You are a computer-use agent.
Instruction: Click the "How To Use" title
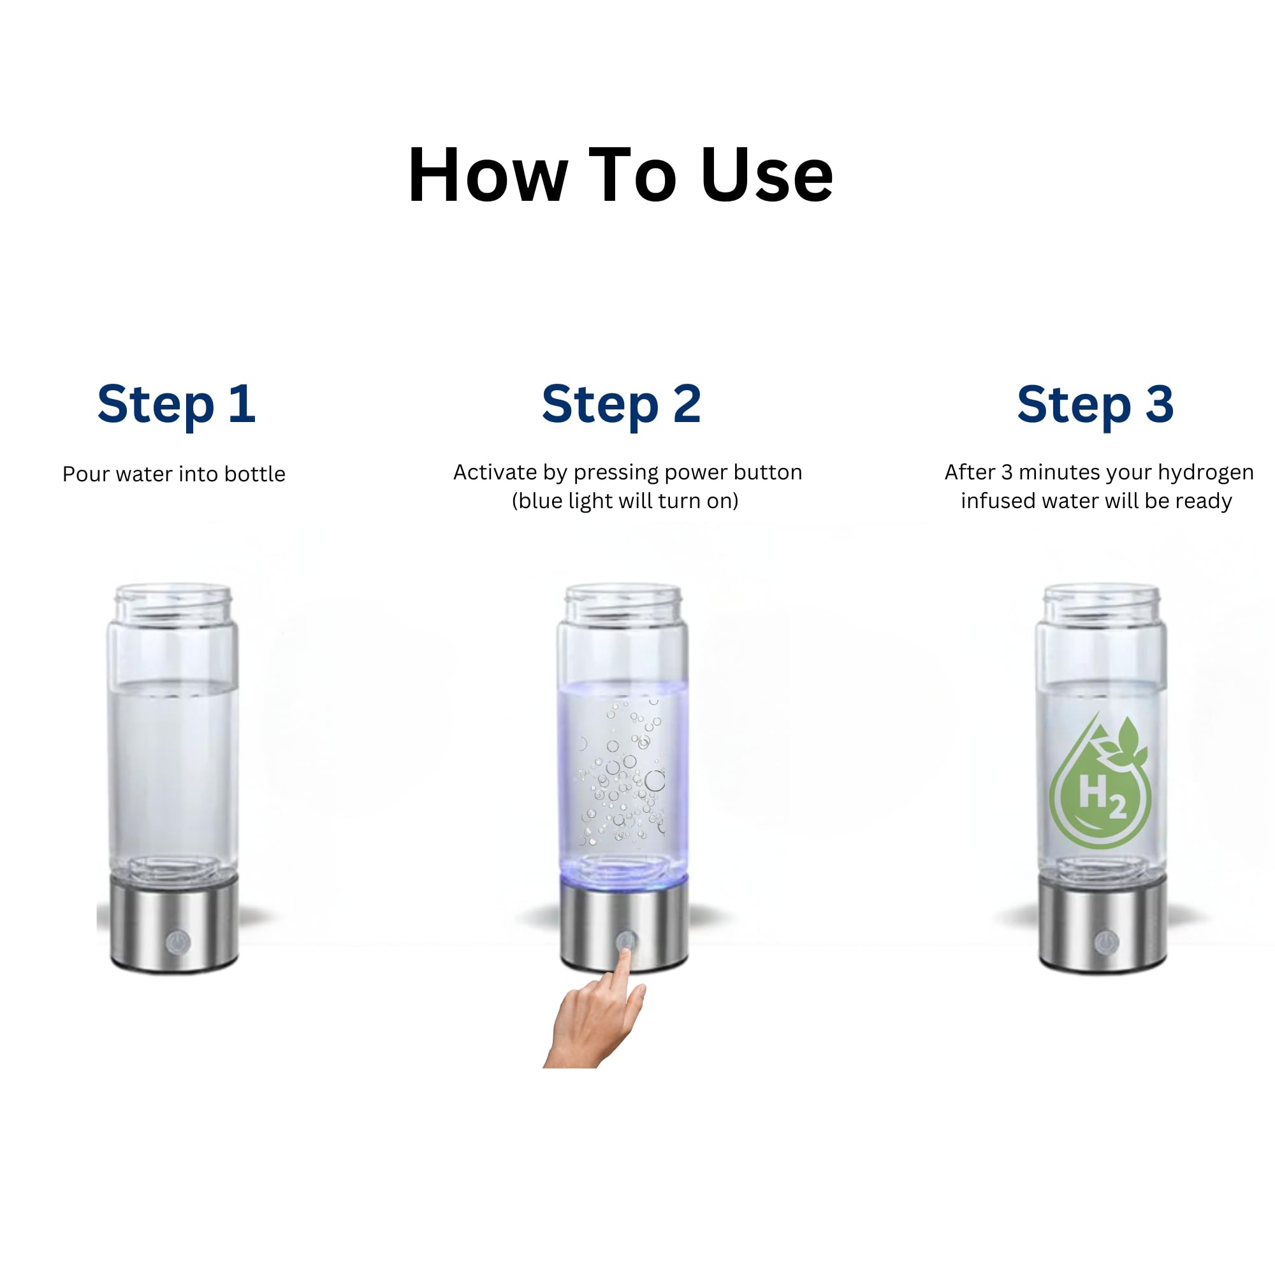(x=620, y=175)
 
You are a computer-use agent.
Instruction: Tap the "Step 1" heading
(x=176, y=404)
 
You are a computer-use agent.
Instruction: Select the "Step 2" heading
(x=621, y=404)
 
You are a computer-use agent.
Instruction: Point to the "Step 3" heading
(x=1095, y=404)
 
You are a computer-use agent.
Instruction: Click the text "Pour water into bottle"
(x=173, y=474)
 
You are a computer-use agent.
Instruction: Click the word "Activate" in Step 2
(x=494, y=472)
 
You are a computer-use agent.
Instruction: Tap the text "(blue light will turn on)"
(x=625, y=501)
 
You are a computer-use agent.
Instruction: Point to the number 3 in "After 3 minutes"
(x=1007, y=472)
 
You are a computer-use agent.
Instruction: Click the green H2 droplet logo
(x=1100, y=780)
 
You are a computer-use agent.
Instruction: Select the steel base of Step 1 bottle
(x=173, y=924)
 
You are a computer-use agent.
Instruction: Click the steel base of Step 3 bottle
(x=1103, y=924)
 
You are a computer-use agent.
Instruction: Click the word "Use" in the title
(x=768, y=175)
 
